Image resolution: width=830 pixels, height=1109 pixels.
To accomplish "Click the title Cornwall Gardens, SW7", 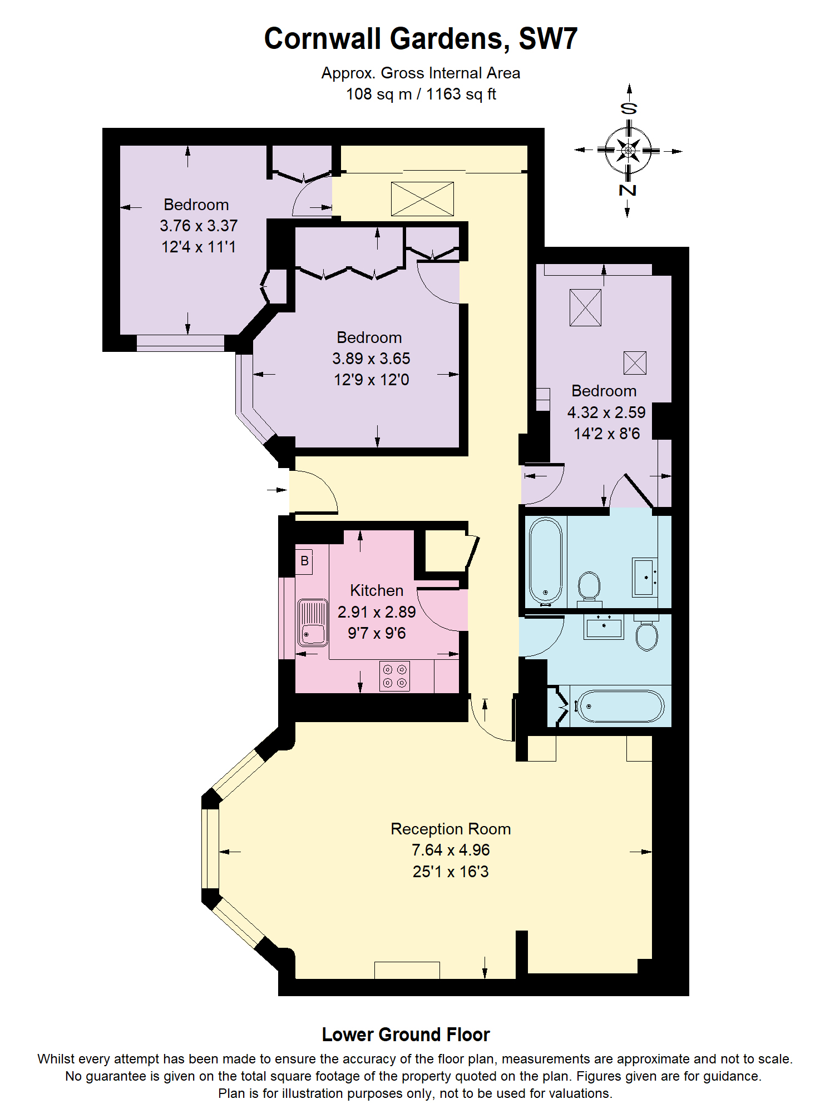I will [x=421, y=39].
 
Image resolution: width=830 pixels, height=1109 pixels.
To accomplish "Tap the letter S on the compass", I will [x=629, y=108].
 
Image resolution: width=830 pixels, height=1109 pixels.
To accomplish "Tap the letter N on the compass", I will [x=628, y=190].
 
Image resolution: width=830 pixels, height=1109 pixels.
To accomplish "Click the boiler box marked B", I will [x=304, y=561].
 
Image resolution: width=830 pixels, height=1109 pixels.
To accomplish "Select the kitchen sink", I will [x=313, y=622].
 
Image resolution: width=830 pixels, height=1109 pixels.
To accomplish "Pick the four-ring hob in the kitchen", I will [x=394, y=676].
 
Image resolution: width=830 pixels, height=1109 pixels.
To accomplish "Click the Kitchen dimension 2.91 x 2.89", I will [x=377, y=612].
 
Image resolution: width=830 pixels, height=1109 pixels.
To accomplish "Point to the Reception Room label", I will [x=450, y=829].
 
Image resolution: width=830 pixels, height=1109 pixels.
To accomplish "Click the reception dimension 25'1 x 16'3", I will [x=450, y=871].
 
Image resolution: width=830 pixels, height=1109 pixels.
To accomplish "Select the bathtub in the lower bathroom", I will [x=619, y=706].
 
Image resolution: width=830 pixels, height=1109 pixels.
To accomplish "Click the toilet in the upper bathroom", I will [x=589, y=586].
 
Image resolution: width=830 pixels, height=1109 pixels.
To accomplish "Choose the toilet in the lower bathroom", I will [x=646, y=635].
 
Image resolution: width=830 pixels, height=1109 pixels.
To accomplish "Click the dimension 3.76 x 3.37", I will [x=199, y=226].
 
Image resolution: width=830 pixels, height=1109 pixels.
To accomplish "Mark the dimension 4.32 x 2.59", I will [x=606, y=412].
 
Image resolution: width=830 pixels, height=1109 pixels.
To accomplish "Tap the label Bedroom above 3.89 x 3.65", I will [x=369, y=337].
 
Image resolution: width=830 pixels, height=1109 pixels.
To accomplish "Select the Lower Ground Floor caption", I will [x=406, y=1035].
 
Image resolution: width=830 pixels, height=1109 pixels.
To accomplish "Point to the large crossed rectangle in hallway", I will [x=422, y=199].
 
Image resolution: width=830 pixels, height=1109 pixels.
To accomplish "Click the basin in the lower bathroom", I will [x=604, y=627].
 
